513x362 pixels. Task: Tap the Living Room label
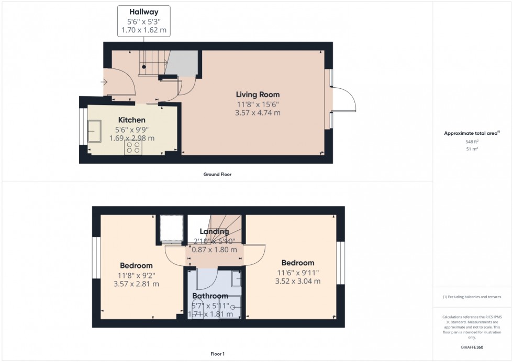click(258, 95)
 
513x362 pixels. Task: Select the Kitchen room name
click(131, 120)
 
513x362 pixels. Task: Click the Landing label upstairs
click(214, 231)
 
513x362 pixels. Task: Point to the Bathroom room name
click(210, 296)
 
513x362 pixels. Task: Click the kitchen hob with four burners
click(133, 147)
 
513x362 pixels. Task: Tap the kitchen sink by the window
click(95, 131)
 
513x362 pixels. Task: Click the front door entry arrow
click(104, 81)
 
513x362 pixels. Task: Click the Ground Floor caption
click(217, 174)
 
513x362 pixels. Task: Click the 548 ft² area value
click(472, 142)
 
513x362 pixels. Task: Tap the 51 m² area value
click(472, 149)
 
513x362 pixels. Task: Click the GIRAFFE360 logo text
click(472, 346)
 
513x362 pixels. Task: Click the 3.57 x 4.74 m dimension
click(258, 112)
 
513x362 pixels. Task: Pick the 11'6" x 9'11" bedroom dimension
click(297, 272)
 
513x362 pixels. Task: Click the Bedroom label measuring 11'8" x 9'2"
click(136, 265)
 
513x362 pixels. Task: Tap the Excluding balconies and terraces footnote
click(472, 297)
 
